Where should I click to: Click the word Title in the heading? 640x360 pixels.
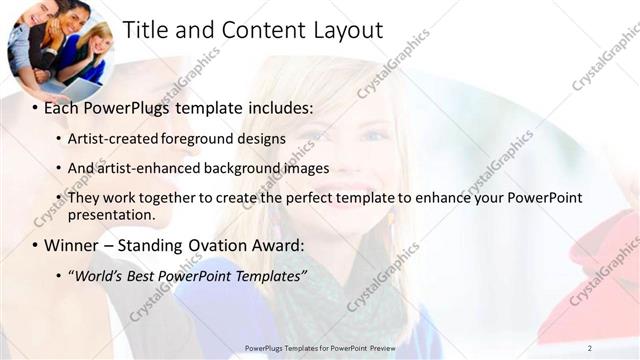coord(145,31)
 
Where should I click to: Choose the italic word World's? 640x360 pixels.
coord(96,275)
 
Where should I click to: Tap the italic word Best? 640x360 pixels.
coord(143,275)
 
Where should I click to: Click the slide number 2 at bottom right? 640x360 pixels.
coord(589,347)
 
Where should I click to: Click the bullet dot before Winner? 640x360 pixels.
coord(35,246)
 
